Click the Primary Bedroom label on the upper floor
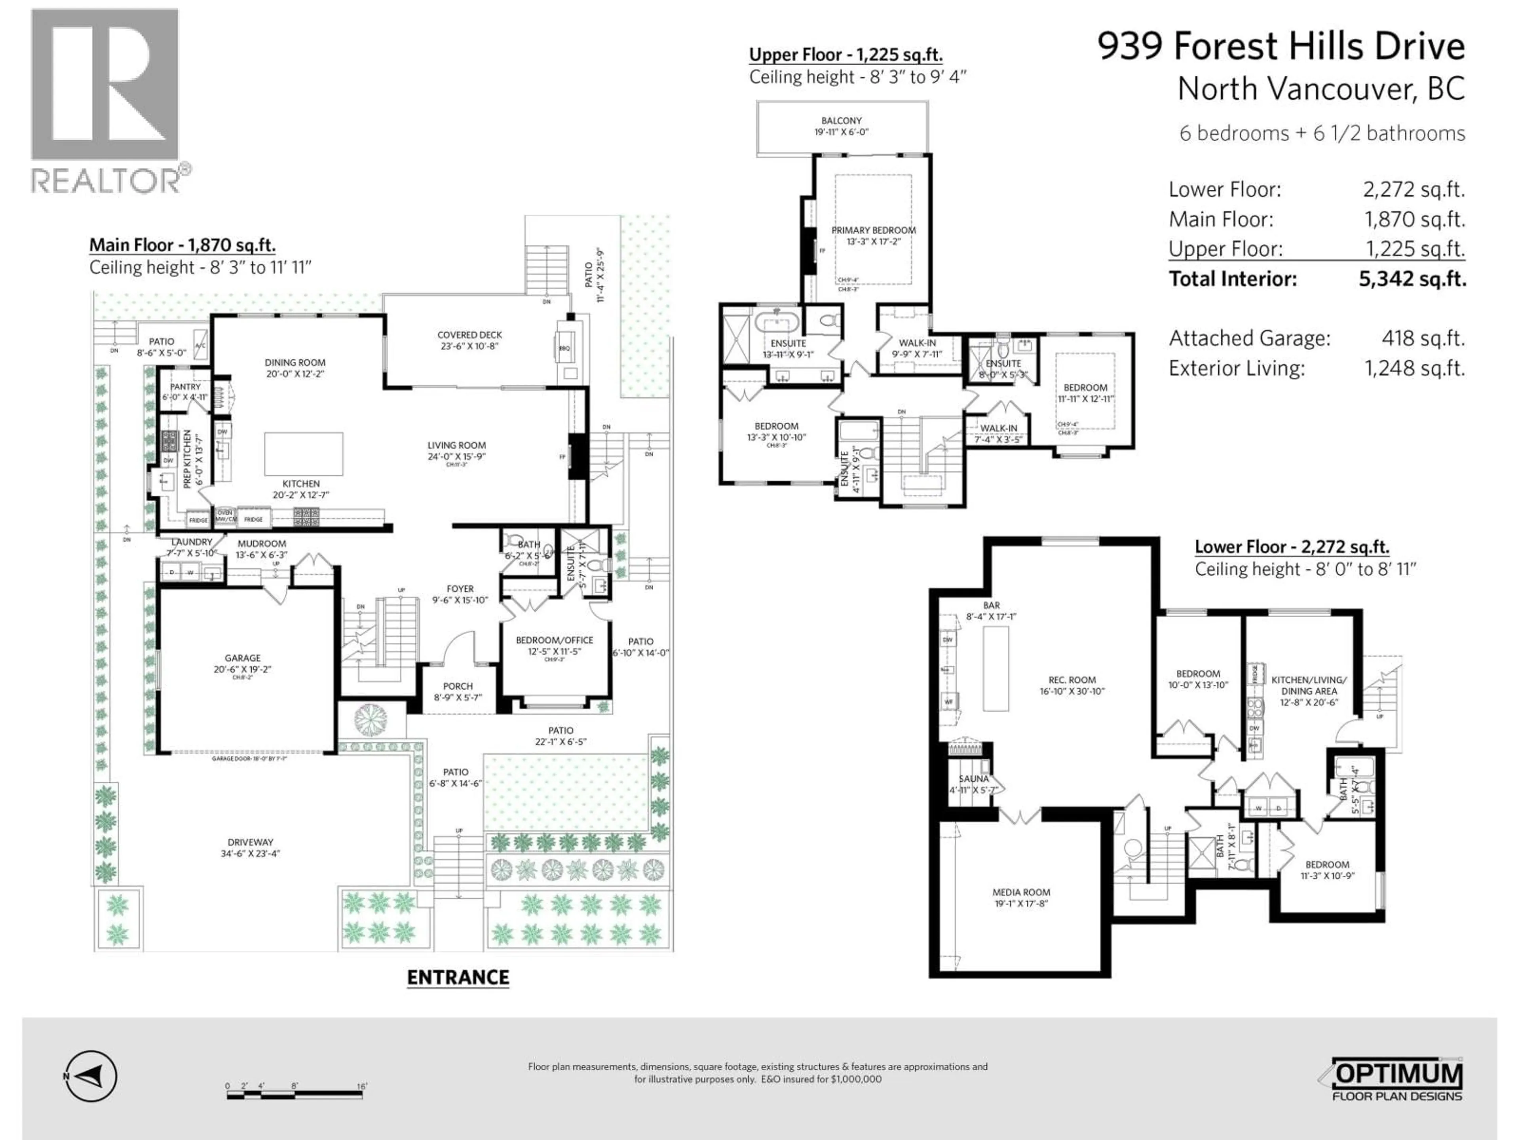pyautogui.click(x=873, y=231)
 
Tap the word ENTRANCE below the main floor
pyautogui.click(x=458, y=978)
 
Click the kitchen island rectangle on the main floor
pyautogui.click(x=304, y=454)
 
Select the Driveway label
pyautogui.click(x=251, y=842)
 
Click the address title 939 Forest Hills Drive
pyautogui.click(x=1281, y=47)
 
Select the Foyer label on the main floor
pyautogui.click(x=460, y=589)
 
